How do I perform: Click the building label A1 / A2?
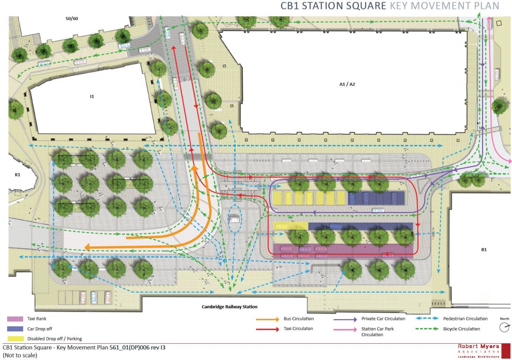click(347, 84)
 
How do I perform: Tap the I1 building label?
click(92, 97)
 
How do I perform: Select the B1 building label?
click(484, 250)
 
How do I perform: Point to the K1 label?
click(17, 175)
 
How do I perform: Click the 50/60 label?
click(72, 19)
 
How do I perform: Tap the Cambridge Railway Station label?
click(230, 307)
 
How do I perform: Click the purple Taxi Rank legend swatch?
click(15, 319)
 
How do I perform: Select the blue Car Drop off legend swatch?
click(15, 329)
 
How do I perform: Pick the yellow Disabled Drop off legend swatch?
click(15, 339)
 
